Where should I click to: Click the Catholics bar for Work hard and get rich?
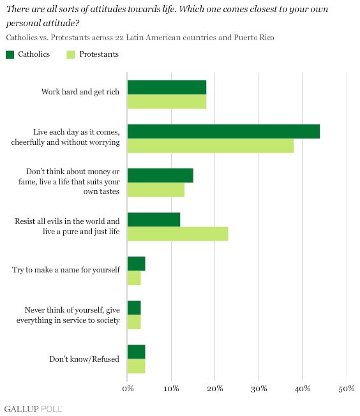click(x=167, y=87)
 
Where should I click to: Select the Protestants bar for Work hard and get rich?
click(x=167, y=101)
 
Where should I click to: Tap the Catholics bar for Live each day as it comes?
click(x=223, y=131)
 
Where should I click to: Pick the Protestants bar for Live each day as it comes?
click(x=211, y=145)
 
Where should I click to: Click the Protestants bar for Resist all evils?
click(x=177, y=234)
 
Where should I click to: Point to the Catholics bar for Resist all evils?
click(x=154, y=219)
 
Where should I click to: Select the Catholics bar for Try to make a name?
click(x=136, y=264)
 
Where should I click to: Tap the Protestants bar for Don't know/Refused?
click(x=136, y=366)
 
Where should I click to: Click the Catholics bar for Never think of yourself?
click(x=134, y=308)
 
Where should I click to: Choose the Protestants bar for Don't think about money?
click(x=156, y=189)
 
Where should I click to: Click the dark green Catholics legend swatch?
click(x=10, y=55)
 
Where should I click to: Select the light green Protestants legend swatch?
click(x=71, y=55)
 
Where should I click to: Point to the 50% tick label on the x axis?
click(x=346, y=389)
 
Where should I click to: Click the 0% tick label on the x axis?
click(x=128, y=389)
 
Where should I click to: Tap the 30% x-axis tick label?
click(x=259, y=389)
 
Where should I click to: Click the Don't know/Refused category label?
click(x=84, y=359)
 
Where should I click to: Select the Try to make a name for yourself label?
click(x=66, y=270)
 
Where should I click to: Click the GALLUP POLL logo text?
click(x=33, y=409)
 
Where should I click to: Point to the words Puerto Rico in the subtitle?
click(x=254, y=38)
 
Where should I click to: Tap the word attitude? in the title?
click(x=61, y=24)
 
